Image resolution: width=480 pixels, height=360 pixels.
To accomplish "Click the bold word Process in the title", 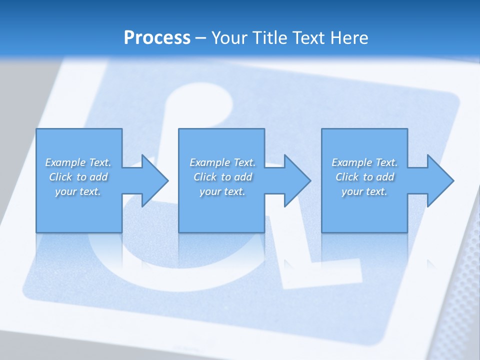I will (x=157, y=38).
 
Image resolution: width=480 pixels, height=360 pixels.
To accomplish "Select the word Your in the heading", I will (x=230, y=38).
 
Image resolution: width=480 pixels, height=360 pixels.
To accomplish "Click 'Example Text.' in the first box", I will (x=78, y=162).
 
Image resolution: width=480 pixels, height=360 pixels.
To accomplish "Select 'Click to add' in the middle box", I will (x=222, y=177).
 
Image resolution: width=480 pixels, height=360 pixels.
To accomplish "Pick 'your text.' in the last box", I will (x=364, y=191).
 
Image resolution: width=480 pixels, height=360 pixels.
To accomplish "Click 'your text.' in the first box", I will (x=78, y=191).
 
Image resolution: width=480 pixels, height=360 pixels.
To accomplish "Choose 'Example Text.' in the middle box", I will (x=222, y=162).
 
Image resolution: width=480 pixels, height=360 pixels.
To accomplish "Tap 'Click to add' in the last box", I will (x=364, y=177).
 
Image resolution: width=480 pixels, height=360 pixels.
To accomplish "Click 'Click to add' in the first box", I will (x=78, y=177).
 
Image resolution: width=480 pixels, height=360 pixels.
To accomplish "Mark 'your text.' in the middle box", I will (x=222, y=191).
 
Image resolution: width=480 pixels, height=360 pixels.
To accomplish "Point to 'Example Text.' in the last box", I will (x=364, y=162).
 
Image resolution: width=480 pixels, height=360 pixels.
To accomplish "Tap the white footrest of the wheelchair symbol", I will (x=320, y=272).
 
